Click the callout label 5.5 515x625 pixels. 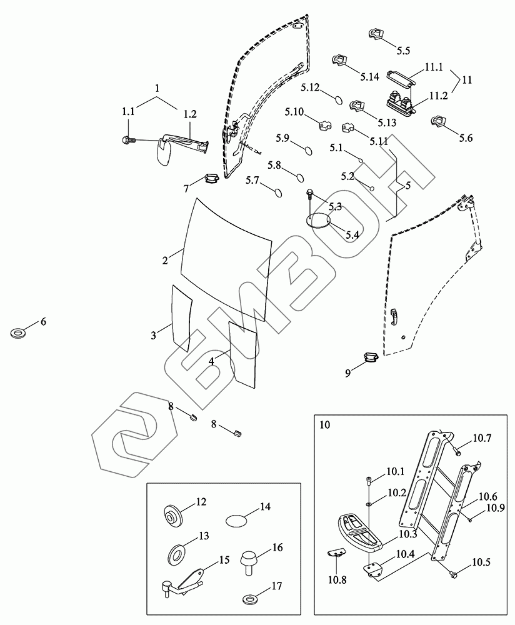(403, 51)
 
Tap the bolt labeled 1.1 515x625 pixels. (128, 140)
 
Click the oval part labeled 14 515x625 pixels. (236, 521)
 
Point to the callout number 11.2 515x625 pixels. (438, 96)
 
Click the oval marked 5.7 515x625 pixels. (278, 192)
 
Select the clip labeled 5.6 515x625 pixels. (438, 121)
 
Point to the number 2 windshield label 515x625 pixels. (165, 260)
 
